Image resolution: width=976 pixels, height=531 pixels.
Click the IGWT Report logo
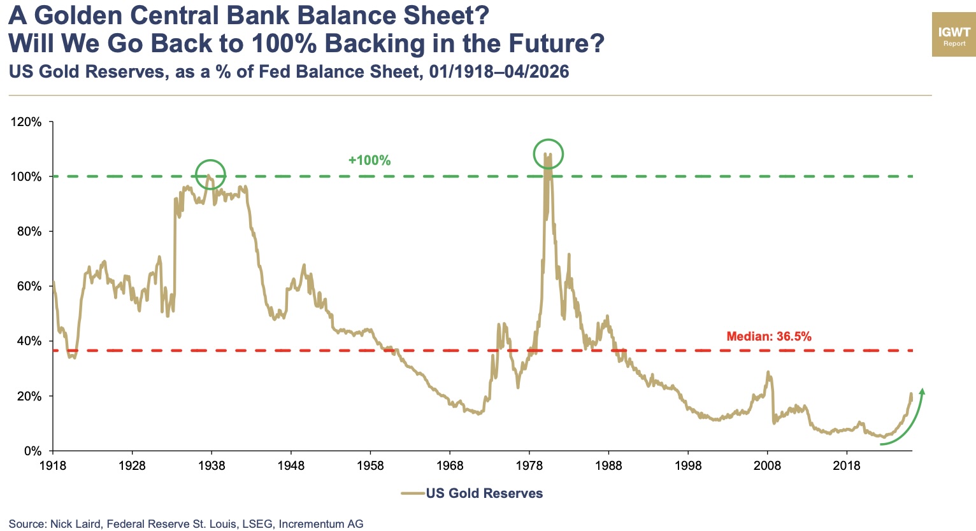click(x=954, y=34)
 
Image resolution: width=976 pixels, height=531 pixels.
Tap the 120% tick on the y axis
click(x=27, y=122)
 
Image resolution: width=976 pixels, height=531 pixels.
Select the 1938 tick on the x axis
click(x=212, y=465)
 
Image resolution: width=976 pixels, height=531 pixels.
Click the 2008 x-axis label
click(x=767, y=465)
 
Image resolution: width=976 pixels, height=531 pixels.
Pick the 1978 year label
click(x=529, y=465)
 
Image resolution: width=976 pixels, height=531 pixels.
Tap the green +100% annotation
click(x=370, y=160)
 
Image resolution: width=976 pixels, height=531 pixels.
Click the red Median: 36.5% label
click(x=769, y=336)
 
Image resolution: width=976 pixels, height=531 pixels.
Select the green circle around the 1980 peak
click(x=548, y=153)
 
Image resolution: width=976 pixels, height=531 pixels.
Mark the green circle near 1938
click(x=210, y=174)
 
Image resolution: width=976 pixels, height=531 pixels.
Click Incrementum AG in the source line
click(x=321, y=524)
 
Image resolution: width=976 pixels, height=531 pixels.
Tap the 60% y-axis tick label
click(x=29, y=287)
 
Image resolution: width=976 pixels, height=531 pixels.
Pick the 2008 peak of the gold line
click(x=768, y=372)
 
